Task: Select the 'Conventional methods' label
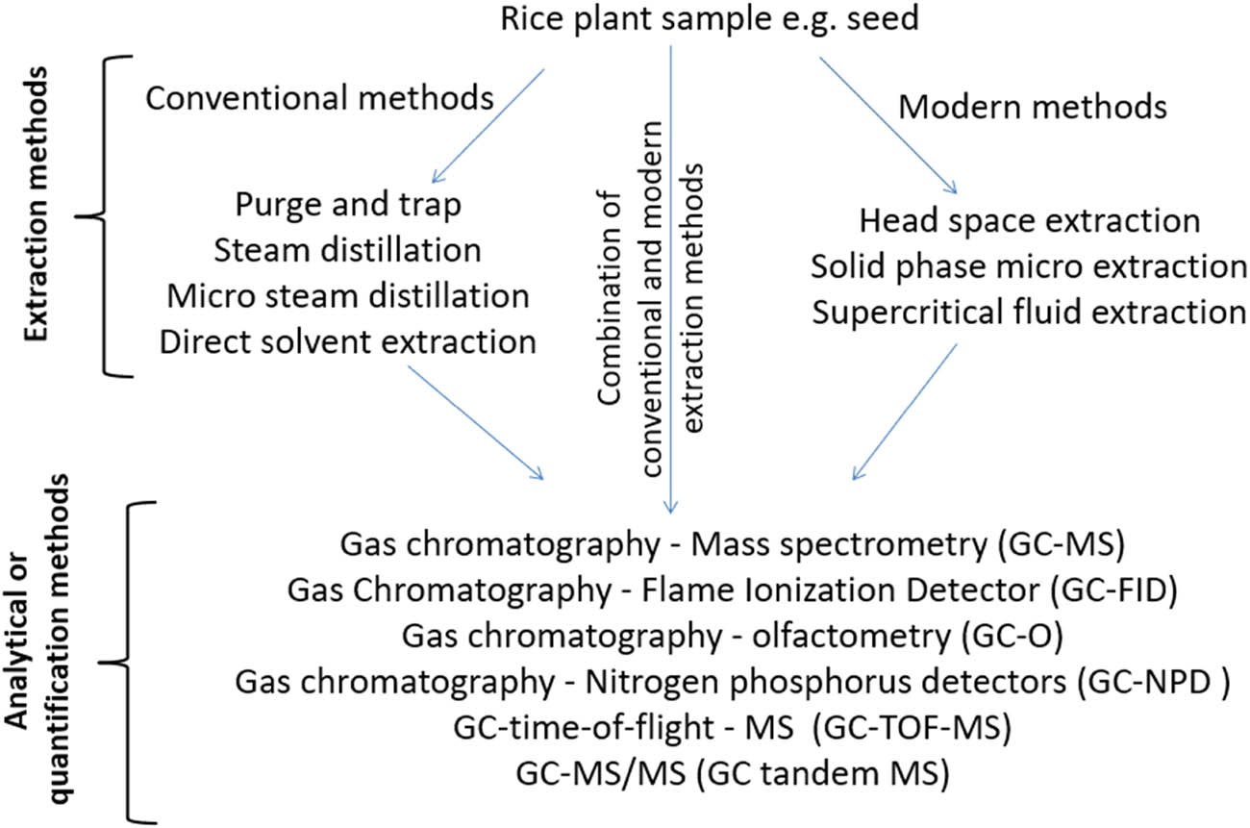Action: (x=320, y=96)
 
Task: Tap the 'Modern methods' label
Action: (x=1033, y=107)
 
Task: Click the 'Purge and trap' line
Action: (x=347, y=205)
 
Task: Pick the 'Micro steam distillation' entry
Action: (x=347, y=295)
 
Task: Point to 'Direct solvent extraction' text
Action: (x=347, y=341)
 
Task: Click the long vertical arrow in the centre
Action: (x=670, y=289)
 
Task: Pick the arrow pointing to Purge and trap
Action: (x=489, y=125)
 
